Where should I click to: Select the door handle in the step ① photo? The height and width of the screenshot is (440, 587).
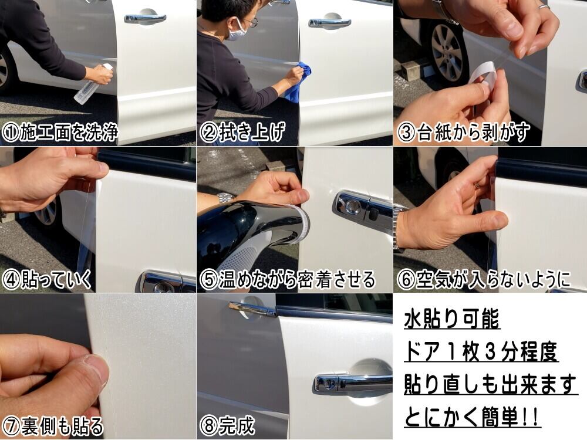pyautogui.click(x=145, y=18)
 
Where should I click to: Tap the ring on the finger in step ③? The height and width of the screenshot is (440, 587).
pyautogui.click(x=544, y=6)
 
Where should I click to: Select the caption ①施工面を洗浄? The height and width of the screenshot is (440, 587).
pyautogui.click(x=59, y=132)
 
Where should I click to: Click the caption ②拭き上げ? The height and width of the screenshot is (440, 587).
pyautogui.click(x=242, y=132)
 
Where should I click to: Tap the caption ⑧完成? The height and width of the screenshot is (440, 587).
pyautogui.click(x=227, y=426)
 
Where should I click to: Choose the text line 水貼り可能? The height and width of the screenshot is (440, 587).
pyautogui.click(x=452, y=319)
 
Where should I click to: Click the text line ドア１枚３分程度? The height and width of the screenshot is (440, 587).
pyautogui.click(x=481, y=351)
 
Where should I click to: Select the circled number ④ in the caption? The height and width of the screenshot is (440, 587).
pyautogui.click(x=11, y=280)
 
